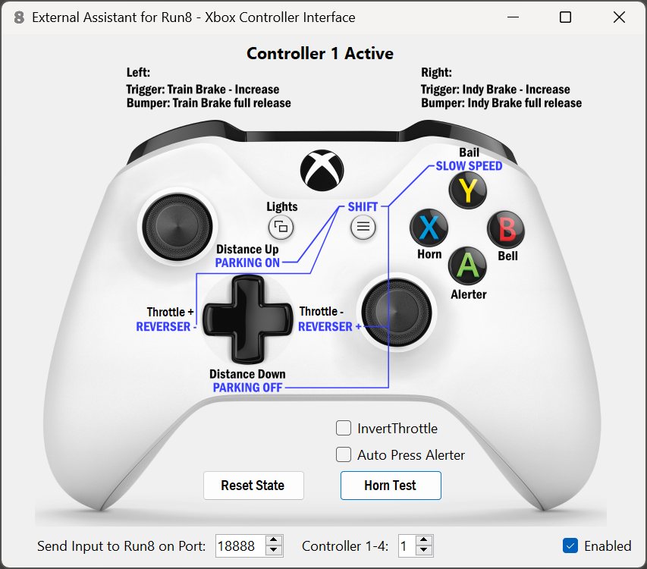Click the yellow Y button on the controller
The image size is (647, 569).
pos(468,190)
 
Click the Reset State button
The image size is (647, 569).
pos(253,486)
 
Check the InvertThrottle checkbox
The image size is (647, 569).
pos(344,429)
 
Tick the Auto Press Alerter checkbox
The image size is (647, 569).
pos(344,455)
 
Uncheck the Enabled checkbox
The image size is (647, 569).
pos(570,545)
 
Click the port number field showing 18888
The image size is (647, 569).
pos(240,545)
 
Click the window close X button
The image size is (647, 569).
pos(619,17)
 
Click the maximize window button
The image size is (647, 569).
pos(565,17)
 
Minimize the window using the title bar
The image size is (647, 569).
pos(511,17)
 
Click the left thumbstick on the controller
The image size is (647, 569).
pos(177,225)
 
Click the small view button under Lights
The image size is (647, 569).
pos(281,226)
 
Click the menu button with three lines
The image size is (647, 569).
pos(363,226)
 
